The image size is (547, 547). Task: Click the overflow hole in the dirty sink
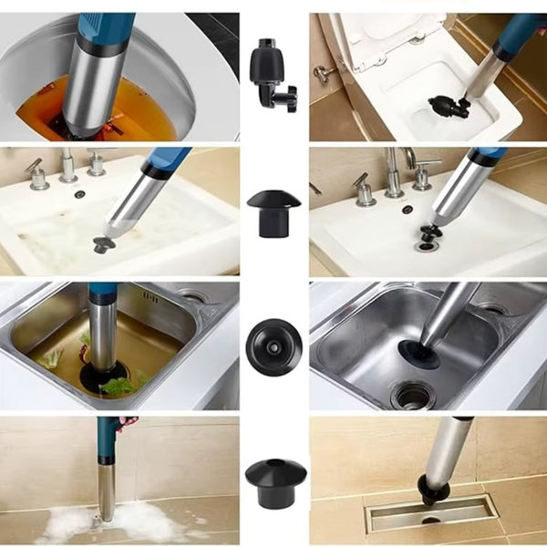click(80, 194)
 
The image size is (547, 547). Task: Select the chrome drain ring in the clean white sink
click(426, 245)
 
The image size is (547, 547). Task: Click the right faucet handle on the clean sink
click(423, 170)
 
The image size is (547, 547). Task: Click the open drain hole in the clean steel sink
click(412, 394)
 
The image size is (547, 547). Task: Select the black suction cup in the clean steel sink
click(418, 353)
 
